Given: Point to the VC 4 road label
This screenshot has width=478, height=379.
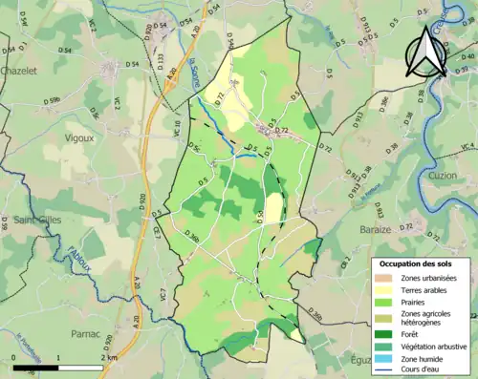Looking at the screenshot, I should coord(467,145).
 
